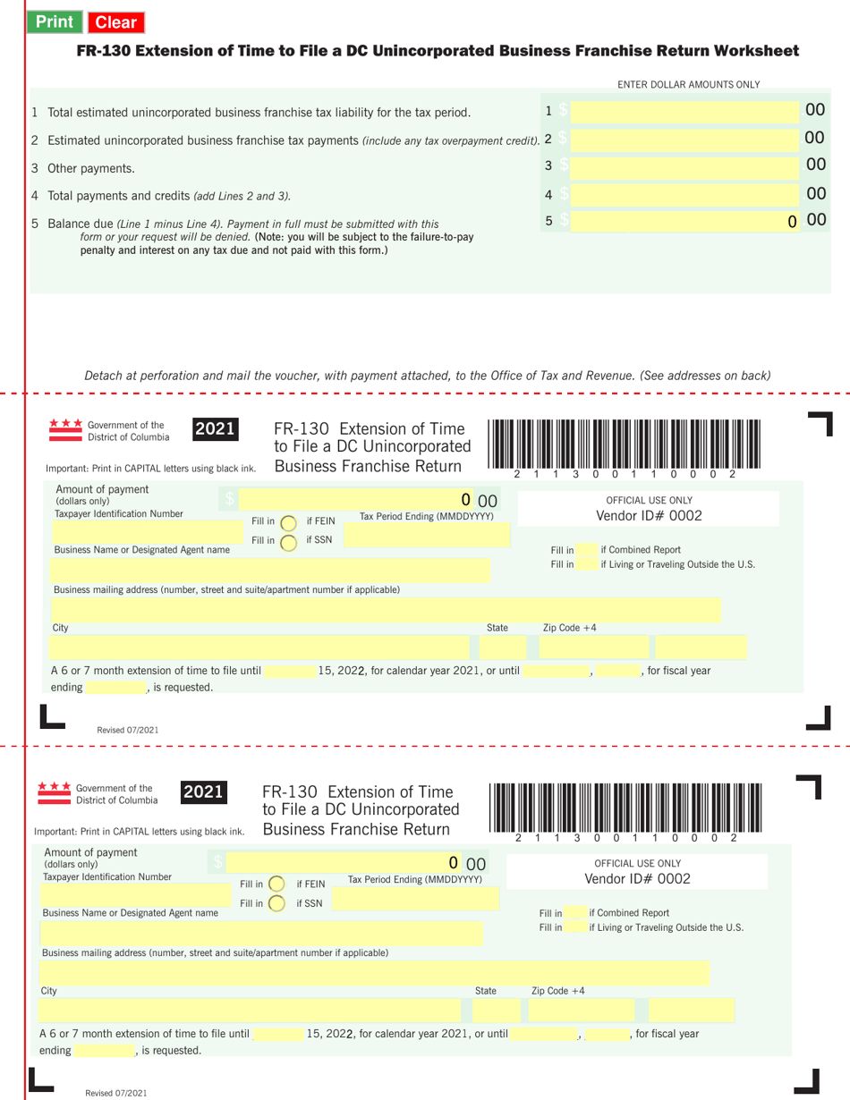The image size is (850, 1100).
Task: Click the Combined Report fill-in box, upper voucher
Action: [586, 549]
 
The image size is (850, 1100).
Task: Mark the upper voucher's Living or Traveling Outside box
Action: [586, 564]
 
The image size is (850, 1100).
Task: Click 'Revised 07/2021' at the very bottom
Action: [116, 1093]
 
